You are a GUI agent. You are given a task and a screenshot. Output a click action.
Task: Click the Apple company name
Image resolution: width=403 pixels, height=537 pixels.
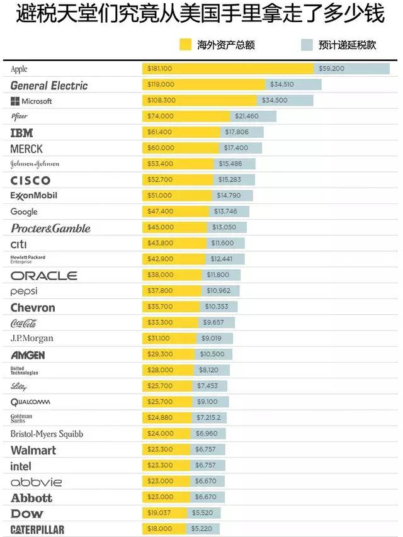tap(19, 69)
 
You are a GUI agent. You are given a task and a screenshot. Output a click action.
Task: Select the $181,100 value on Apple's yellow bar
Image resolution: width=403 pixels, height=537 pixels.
tap(159, 69)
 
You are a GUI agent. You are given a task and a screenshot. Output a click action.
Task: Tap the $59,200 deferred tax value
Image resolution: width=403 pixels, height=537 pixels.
tap(332, 69)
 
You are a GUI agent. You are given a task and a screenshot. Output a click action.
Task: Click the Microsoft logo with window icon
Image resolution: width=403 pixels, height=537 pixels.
tap(31, 101)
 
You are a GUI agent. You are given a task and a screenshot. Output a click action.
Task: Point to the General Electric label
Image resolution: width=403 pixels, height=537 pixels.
tap(49, 85)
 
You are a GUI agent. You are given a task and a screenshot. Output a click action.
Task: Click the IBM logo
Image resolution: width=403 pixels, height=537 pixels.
tap(21, 133)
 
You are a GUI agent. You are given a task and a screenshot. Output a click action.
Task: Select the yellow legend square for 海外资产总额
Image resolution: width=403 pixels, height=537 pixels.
tap(185, 45)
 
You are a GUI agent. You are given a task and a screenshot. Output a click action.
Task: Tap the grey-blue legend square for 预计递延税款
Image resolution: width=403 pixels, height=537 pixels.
tap(307, 45)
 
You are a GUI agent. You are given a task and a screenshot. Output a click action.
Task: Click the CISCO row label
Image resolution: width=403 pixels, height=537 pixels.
tap(30, 181)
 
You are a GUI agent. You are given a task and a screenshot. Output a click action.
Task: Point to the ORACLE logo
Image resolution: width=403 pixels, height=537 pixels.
tap(43, 276)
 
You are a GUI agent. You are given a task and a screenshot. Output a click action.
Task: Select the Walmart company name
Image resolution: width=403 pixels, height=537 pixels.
tap(33, 450)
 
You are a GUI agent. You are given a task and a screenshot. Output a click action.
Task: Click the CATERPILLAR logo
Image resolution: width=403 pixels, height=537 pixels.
tap(37, 529)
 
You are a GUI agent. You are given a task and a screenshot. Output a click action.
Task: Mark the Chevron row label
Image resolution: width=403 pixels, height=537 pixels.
tap(33, 308)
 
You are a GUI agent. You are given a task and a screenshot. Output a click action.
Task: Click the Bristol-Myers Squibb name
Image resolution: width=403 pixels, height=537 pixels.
tap(47, 434)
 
